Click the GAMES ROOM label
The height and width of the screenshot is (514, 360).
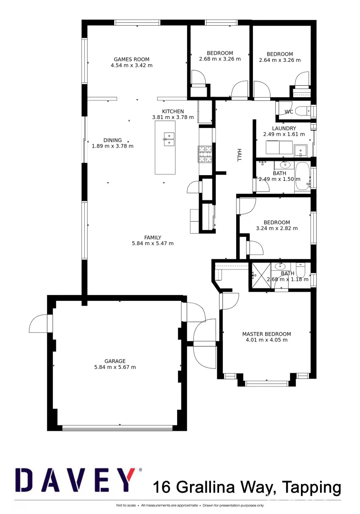pos(131,59)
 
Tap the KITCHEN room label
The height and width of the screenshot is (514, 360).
pos(173,111)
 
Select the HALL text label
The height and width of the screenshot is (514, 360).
pos(240,155)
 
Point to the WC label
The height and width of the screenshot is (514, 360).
pos(289,112)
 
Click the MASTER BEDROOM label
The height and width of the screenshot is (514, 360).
pos(266,334)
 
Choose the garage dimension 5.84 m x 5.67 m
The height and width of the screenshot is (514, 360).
pos(115,367)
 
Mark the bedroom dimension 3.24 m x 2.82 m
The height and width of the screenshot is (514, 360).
pos(277,228)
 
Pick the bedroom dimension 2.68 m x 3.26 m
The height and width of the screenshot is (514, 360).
pos(220,59)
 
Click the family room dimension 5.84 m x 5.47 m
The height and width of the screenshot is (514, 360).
pos(153,244)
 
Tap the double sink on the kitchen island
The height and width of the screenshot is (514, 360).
pos(168,138)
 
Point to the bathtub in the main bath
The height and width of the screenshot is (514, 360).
pos(302,177)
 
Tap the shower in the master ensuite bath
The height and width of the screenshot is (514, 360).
pos(260,276)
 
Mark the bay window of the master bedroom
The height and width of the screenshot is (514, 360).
pos(266,382)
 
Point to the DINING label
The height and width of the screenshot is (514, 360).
pos(112,140)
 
